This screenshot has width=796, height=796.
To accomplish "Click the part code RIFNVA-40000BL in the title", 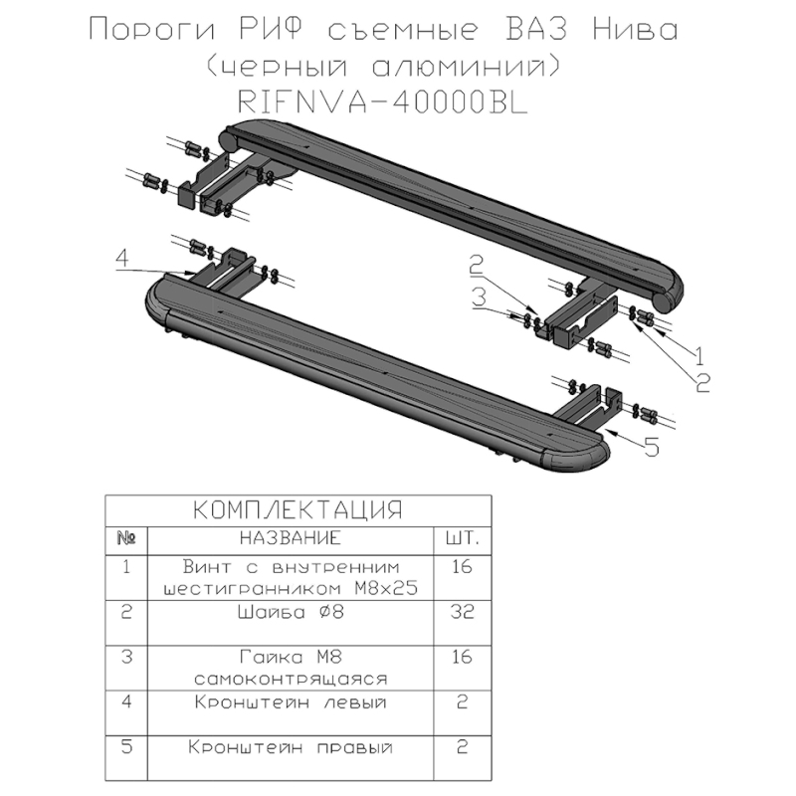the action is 383,102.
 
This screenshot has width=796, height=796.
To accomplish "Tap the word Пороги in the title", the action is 152,29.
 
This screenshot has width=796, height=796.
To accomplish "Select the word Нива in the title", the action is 635,29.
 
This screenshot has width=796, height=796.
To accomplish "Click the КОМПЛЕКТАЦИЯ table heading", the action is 298,509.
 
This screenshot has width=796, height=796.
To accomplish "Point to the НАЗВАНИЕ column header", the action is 291,537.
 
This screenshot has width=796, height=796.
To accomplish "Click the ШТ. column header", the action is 462,537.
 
